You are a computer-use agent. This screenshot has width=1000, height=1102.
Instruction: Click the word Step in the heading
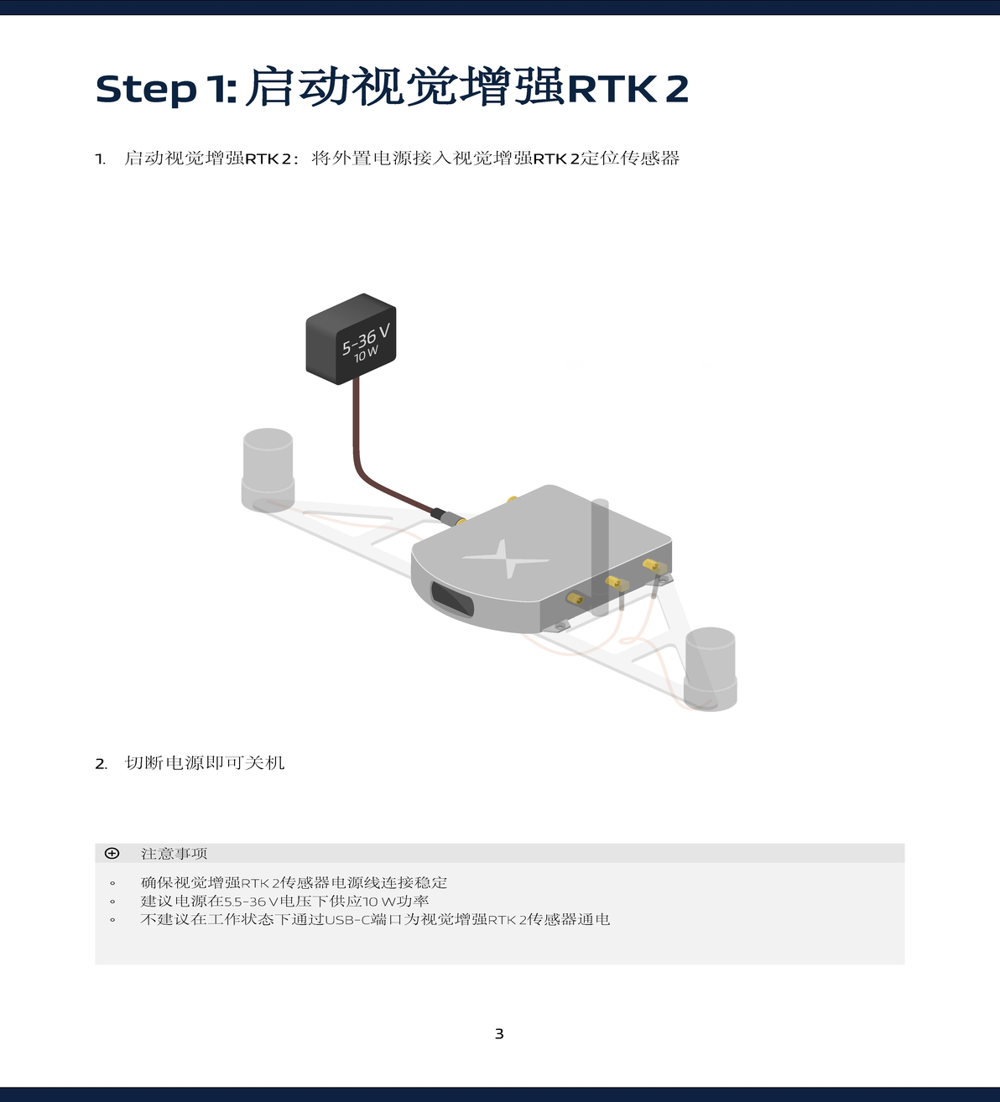coord(145,89)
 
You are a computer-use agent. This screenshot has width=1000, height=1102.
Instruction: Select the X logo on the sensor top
coord(504,559)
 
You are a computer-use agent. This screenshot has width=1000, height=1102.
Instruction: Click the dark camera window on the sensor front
coord(452,600)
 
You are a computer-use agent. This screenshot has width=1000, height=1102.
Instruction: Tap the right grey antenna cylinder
coord(711,667)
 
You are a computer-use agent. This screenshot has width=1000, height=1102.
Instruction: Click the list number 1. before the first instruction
coord(101,159)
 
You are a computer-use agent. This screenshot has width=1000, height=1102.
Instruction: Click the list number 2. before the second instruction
coord(101,764)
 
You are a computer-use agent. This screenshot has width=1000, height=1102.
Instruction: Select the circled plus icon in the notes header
coord(112,853)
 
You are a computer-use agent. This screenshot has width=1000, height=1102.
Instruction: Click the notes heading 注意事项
coord(174,854)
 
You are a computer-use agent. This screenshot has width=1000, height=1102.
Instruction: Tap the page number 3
coord(499,1034)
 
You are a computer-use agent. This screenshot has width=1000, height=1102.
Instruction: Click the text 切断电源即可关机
coord(205,763)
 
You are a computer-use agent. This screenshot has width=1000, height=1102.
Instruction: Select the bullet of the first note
coord(112,883)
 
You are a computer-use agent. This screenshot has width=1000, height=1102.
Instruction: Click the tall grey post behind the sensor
coord(599,554)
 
